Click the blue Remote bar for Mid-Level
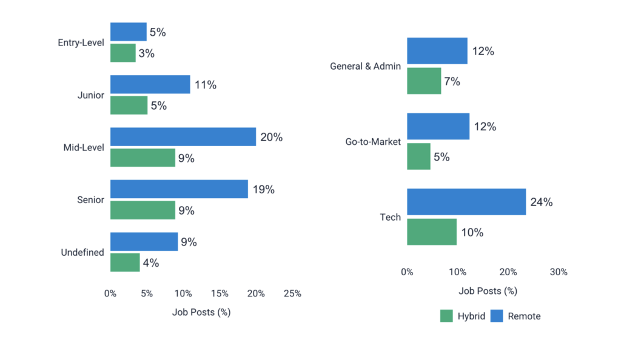point(183,137)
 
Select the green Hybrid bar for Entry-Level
point(123,53)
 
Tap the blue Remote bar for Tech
point(466,202)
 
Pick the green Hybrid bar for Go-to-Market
point(418,156)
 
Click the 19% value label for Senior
point(264,190)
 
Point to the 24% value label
point(541,202)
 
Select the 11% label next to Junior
point(206,85)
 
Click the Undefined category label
point(82,252)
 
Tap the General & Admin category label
point(365,66)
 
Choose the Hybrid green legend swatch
point(446,316)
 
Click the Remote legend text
point(524,316)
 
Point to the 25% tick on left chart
point(292,293)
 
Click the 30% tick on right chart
point(558,272)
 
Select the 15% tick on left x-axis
point(220,293)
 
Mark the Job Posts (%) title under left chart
point(201,313)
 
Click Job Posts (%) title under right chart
point(488,291)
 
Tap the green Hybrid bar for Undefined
point(125,262)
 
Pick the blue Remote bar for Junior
point(150,85)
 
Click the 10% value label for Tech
point(472,232)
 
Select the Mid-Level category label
point(84,147)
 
